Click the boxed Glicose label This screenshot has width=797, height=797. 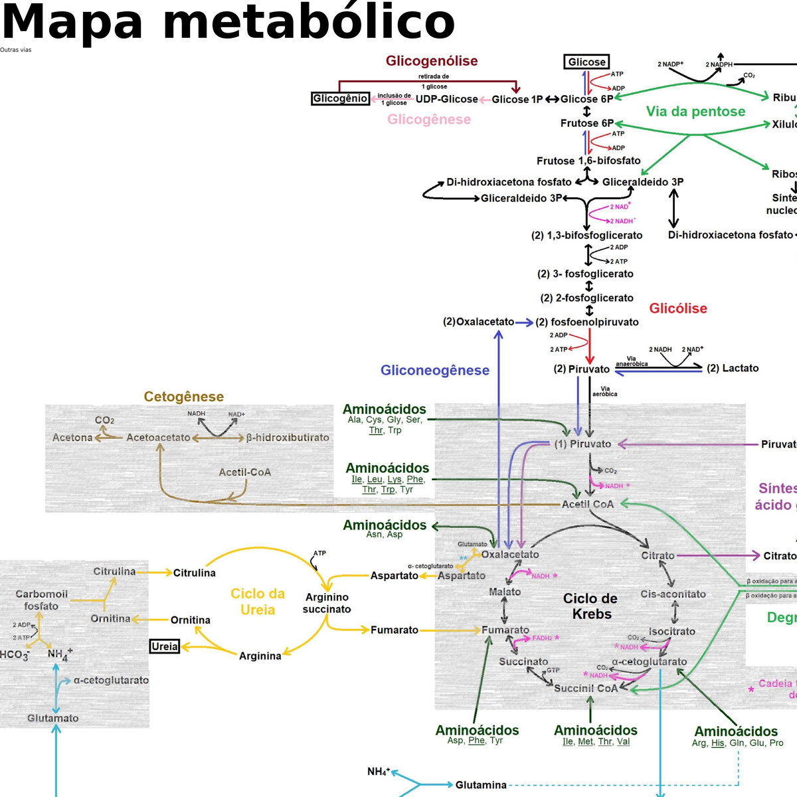pos(586,62)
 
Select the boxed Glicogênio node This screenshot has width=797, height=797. pos(340,98)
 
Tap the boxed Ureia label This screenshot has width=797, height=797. pos(165,646)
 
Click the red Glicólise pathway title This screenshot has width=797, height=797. pos(677,308)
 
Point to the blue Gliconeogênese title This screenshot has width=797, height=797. pos(434,370)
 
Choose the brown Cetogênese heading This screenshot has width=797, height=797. pos(183,397)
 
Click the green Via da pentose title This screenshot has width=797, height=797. pos(695,112)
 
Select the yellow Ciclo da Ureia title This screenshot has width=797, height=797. pos(258,602)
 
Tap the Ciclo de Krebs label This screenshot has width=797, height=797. pos(590,606)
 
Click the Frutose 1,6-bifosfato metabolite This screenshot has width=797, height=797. pos(588,161)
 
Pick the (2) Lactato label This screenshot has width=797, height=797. pos(732,368)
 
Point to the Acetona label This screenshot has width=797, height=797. pos(72,438)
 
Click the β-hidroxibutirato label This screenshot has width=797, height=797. pos(288,438)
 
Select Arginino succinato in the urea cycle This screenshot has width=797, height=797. pos(327,603)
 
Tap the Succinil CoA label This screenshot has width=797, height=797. pos(586,688)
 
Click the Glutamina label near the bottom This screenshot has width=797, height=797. pos(480,785)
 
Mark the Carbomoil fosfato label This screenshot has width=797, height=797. pos(41,600)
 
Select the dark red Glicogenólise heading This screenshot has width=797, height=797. pos(432,61)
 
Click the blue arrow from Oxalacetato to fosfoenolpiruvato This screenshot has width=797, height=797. pos(524,322)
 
